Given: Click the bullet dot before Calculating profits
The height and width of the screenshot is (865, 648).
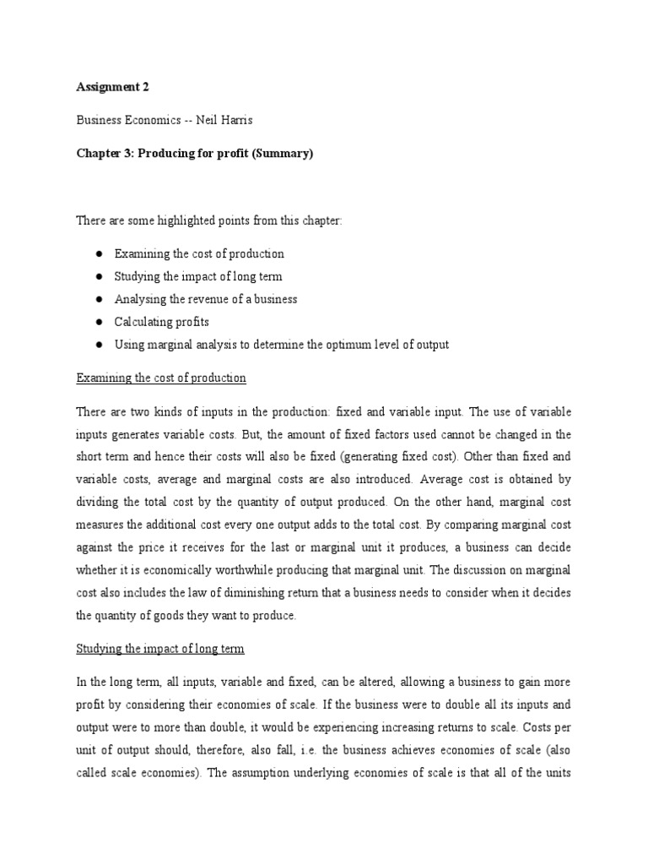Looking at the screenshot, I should click(99, 322).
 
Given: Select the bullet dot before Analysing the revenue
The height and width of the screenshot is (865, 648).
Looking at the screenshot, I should click(99, 299).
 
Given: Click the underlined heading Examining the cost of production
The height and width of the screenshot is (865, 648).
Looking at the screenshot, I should click(161, 378).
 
